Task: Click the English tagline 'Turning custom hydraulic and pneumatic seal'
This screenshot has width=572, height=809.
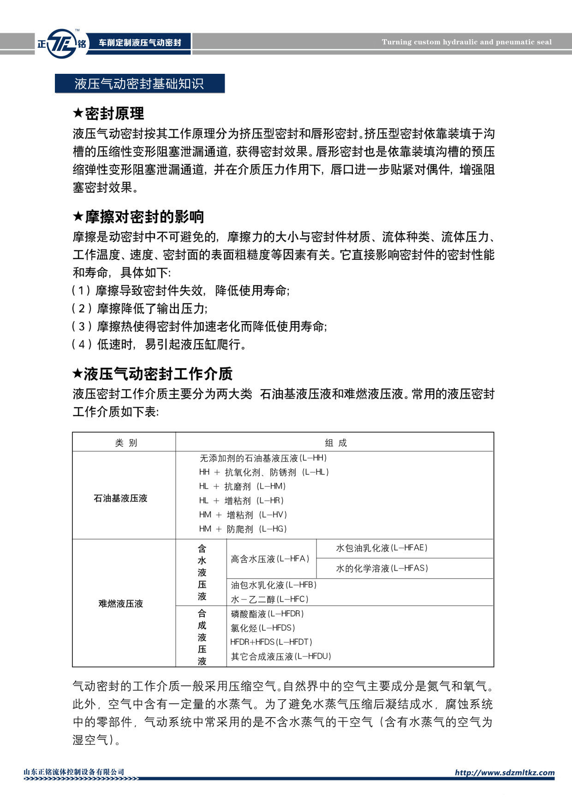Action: click(466, 42)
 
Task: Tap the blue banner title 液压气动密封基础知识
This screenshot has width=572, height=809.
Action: click(139, 83)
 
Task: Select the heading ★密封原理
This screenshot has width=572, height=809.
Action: click(109, 113)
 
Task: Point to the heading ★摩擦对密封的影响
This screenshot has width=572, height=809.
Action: click(138, 217)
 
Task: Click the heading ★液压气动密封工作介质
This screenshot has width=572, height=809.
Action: click(153, 374)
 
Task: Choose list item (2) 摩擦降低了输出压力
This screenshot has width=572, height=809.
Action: click(140, 308)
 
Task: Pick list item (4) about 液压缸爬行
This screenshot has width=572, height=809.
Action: click(159, 344)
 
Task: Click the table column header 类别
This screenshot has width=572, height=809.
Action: click(125, 443)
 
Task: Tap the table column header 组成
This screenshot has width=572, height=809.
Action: click(335, 443)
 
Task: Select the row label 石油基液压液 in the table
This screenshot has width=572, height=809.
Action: click(120, 498)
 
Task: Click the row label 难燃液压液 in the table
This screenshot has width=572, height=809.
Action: click(120, 603)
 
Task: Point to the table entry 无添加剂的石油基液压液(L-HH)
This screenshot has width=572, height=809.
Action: click(263, 458)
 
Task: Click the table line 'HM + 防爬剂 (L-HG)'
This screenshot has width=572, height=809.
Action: click(243, 529)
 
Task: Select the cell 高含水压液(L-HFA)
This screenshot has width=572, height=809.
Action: click(270, 559)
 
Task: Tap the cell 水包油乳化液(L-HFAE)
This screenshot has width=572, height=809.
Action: click(381, 548)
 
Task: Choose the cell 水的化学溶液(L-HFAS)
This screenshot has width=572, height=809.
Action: click(381, 568)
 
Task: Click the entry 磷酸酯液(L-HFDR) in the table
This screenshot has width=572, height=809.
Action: click(267, 614)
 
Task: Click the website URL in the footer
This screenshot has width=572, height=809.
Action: click(505, 773)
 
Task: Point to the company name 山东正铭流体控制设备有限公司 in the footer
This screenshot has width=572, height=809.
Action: click(74, 772)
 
